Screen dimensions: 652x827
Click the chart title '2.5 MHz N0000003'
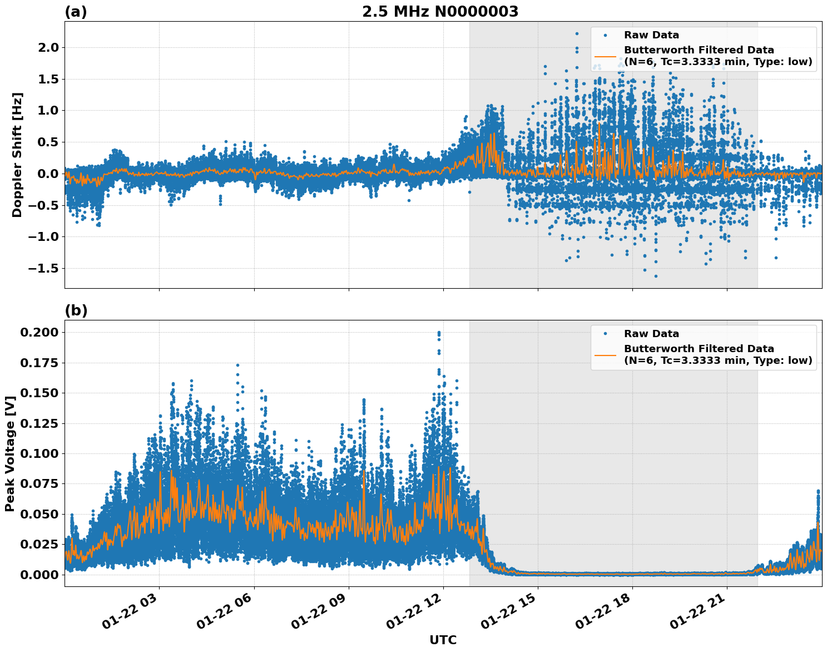click(x=440, y=12)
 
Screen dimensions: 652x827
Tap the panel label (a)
click(x=76, y=12)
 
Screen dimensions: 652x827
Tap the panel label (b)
click(x=76, y=310)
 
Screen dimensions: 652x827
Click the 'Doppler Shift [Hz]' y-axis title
click(x=17, y=155)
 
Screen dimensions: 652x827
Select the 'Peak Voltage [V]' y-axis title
click(x=9, y=453)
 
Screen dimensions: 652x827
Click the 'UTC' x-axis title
click(x=443, y=640)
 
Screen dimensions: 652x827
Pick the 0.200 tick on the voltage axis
click(x=39, y=333)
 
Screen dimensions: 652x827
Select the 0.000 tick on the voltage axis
click(x=39, y=575)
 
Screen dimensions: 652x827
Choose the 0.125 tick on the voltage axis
click(x=39, y=423)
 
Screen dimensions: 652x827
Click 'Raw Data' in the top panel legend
click(x=651, y=35)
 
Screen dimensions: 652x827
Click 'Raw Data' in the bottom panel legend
click(x=651, y=334)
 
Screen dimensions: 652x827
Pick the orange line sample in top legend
click(x=605, y=56)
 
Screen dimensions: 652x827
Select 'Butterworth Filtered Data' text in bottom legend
click(x=699, y=349)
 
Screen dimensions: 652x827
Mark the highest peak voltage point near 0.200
click(x=439, y=333)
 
